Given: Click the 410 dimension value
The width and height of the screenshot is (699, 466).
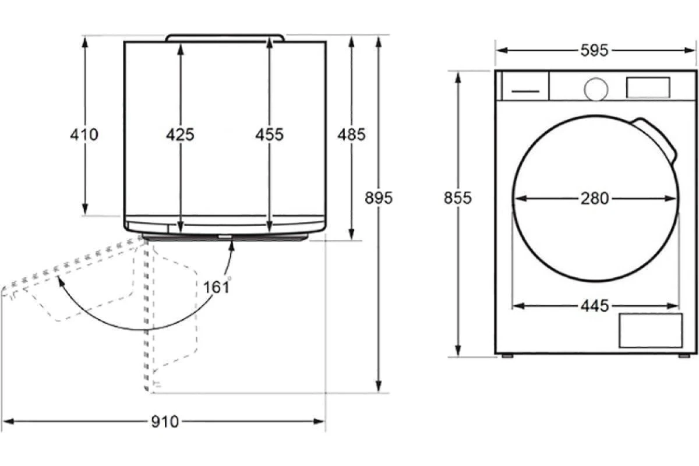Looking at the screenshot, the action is click(x=84, y=135).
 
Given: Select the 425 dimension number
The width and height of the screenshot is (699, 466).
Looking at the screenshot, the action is click(x=180, y=135).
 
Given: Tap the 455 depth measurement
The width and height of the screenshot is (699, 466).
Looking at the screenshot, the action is click(x=270, y=135).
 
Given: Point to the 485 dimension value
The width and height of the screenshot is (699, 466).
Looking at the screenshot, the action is click(x=351, y=135).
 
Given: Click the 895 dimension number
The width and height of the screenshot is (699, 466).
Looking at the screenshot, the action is click(x=379, y=198).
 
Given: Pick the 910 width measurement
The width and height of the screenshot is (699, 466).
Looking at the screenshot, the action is click(x=165, y=422).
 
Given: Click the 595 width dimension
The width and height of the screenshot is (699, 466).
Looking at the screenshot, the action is click(x=595, y=50).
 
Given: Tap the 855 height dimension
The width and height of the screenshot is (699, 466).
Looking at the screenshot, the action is click(x=458, y=198).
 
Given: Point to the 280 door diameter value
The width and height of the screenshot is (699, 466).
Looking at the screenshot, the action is click(x=595, y=199).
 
